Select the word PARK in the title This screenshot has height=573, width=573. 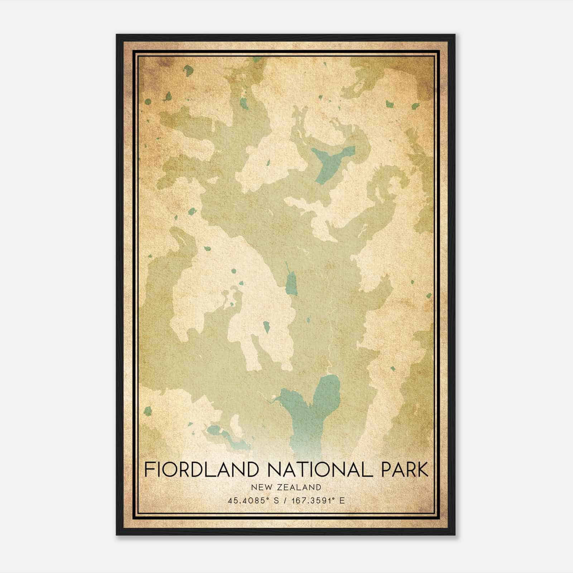[404, 470]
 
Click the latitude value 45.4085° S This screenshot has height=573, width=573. [253, 501]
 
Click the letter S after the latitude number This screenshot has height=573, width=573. [276, 501]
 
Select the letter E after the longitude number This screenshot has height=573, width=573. [342, 501]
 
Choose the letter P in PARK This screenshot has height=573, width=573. [387, 470]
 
